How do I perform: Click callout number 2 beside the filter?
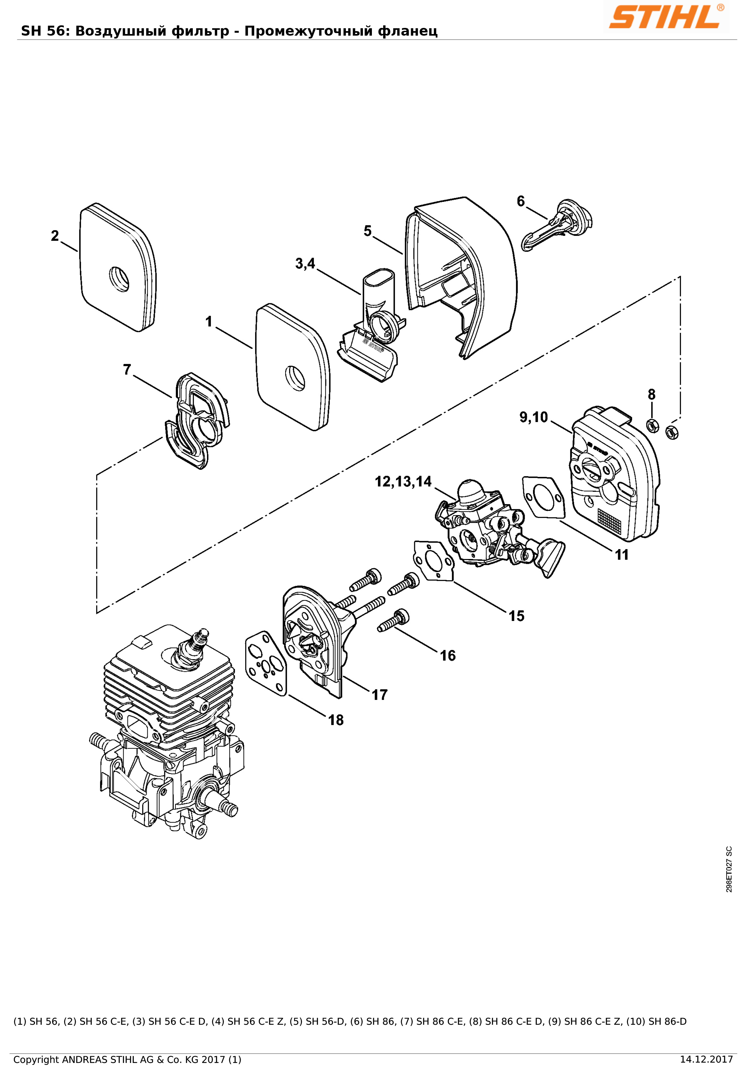[55, 236]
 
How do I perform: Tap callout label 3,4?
[305, 263]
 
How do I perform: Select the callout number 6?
[521, 201]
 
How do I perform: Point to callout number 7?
[127, 370]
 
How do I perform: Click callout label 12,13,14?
[404, 481]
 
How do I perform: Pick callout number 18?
[336, 720]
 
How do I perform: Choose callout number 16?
[448, 656]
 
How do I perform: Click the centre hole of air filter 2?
[119, 279]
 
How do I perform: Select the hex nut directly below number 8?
[653, 426]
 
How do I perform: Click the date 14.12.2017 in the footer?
[706, 1060]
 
